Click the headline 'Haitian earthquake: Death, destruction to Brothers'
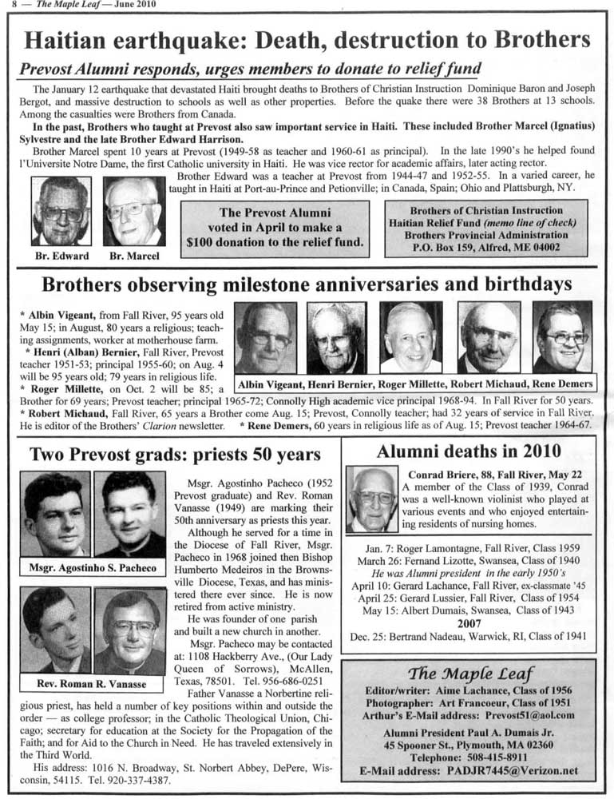pyautogui.click(x=307, y=39)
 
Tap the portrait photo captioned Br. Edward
pyautogui.click(x=61, y=211)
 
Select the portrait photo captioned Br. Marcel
pyautogui.click(x=133, y=211)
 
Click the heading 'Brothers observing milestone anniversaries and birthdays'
pyautogui.click(x=307, y=285)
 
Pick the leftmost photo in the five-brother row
pyautogui.click(x=265, y=336)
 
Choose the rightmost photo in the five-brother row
pyautogui.click(x=562, y=336)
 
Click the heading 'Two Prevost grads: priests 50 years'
pyautogui.click(x=175, y=455)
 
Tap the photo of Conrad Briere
pyautogui.click(x=372, y=499)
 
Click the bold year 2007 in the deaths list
pyautogui.click(x=469, y=623)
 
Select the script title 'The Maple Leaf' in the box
pyautogui.click(x=469, y=671)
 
